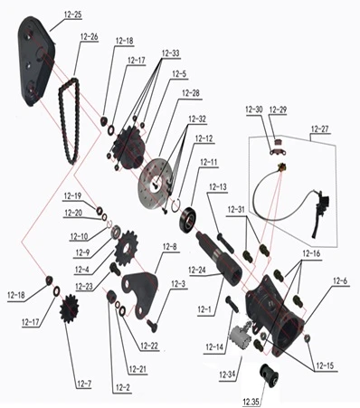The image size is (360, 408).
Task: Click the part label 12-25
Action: click(73, 14)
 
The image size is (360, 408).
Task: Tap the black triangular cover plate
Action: click(36, 62)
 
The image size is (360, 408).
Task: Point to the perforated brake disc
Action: click(155, 184)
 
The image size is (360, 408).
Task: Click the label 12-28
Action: click(191, 93)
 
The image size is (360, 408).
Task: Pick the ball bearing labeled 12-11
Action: click(188, 219)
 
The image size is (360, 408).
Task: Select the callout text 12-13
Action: click(218, 187)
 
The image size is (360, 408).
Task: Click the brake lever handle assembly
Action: click(320, 211)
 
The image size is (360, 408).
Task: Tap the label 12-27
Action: click(320, 128)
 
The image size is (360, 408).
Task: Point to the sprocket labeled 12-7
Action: click(69, 308)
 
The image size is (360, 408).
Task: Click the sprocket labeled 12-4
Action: click(126, 248)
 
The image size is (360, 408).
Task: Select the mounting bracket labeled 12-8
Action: click(140, 294)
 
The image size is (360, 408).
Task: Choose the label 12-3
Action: click(178, 284)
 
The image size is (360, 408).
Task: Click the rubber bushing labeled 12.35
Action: click(270, 375)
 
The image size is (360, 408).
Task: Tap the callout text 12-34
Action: click(227, 375)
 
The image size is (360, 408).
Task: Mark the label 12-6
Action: click(340, 281)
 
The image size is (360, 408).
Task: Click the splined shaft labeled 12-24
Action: click(219, 259)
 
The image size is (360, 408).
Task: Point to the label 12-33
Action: click(170, 53)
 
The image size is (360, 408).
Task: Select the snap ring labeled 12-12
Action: click(176, 206)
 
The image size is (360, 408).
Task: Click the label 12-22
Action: click(149, 346)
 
